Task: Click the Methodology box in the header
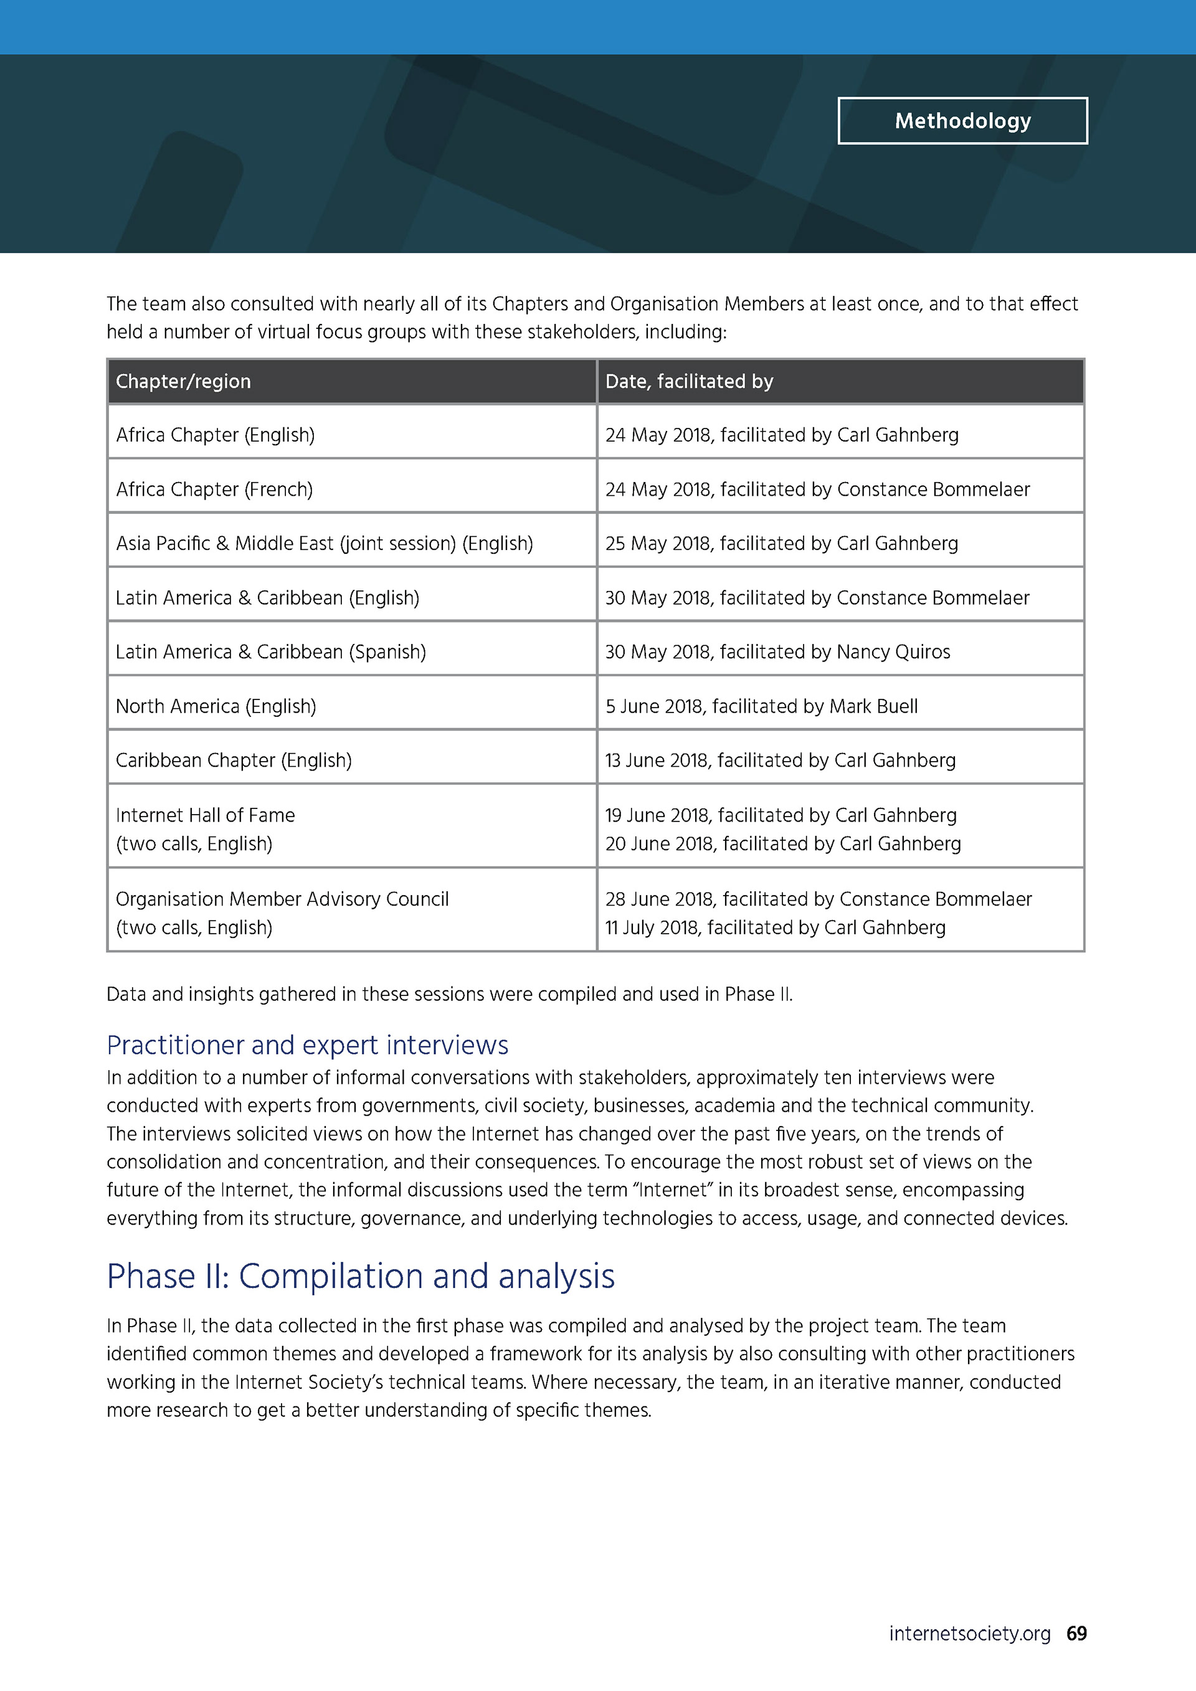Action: pos(962,121)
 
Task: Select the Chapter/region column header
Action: pos(183,382)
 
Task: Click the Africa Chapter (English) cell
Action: pos(215,435)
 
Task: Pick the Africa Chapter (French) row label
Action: pos(214,490)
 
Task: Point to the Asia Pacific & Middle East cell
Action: pos(324,544)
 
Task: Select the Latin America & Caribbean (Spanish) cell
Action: pos(270,652)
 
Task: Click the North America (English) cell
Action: pos(216,706)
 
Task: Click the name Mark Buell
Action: pos(873,706)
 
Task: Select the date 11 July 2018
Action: pos(651,928)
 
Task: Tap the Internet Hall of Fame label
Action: pos(205,815)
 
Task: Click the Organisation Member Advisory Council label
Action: pos(282,899)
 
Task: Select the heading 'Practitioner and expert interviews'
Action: pos(307,1045)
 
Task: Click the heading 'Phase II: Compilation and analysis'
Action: pos(360,1276)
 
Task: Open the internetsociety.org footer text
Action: pos(969,1634)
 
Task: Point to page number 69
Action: pos(1076,1634)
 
